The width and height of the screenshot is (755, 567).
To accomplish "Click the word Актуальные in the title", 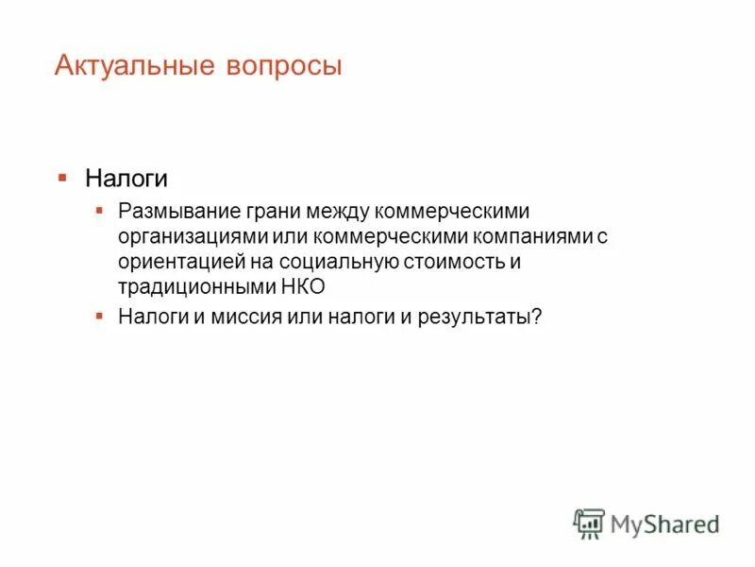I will click(136, 66).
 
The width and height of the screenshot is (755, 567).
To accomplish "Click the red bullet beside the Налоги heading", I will click(62, 177).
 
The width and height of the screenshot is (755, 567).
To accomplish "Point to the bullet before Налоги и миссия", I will click(99, 315).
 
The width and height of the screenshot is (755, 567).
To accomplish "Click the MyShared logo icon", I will click(590, 523).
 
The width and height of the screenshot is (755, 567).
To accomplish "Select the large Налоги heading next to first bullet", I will click(126, 179).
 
